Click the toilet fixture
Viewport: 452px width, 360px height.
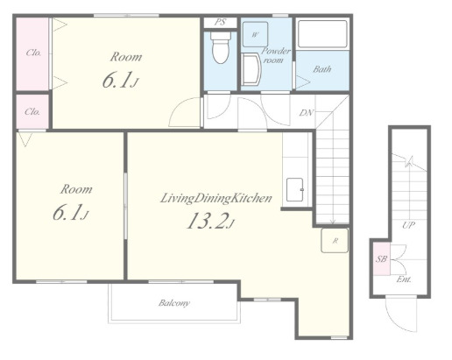tap(220, 47)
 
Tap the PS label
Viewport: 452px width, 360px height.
tap(220, 22)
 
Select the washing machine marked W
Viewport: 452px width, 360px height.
tap(255, 34)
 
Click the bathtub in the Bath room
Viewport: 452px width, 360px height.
tap(322, 33)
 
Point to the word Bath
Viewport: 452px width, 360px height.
tap(322, 69)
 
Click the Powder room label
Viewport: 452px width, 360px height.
tap(275, 55)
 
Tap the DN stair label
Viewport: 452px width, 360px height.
tap(307, 113)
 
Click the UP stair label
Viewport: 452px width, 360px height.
tap(408, 225)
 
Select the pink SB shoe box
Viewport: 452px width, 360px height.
tap(382, 259)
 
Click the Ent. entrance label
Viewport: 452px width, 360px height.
tap(404, 279)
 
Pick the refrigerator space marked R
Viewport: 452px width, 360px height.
tap(335, 240)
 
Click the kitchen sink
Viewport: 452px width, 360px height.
tap(295, 190)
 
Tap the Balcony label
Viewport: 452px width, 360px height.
tap(174, 303)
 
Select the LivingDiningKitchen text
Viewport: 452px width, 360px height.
tap(216, 199)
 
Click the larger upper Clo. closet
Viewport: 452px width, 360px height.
tap(32, 54)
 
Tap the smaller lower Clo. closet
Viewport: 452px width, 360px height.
tap(32, 111)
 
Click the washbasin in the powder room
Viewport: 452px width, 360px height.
tap(251, 69)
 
